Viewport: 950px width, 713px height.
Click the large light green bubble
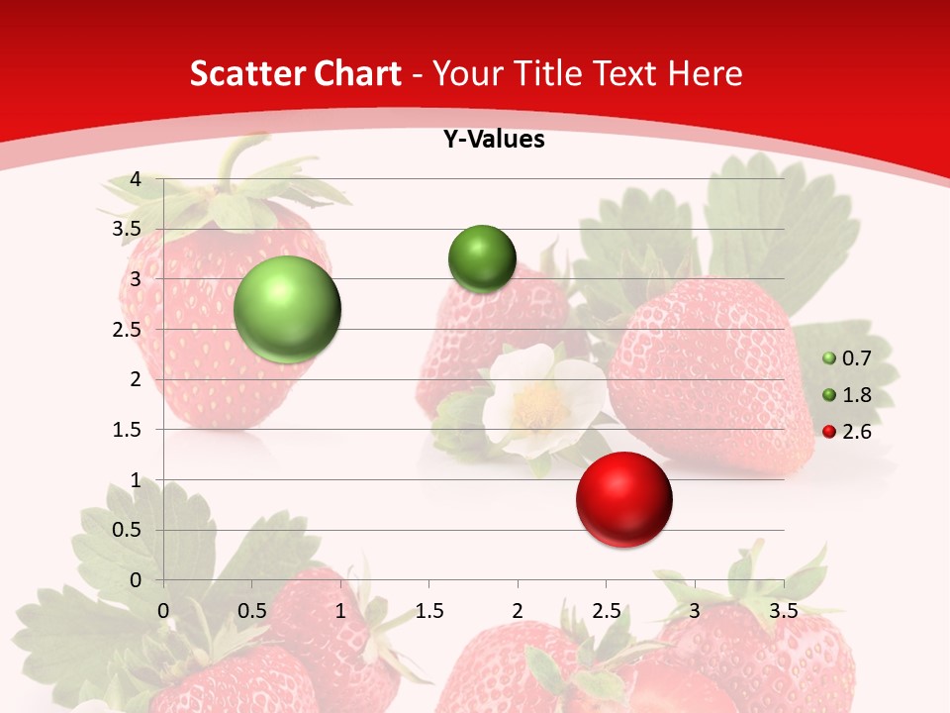coord(287,309)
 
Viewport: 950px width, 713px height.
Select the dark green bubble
coord(482,258)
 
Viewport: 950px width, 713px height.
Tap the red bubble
coord(623,499)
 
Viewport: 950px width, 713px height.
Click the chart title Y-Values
coord(493,140)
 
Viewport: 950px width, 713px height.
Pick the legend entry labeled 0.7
coord(847,358)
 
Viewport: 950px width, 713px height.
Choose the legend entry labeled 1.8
coord(847,395)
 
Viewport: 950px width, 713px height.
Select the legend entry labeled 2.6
coord(847,431)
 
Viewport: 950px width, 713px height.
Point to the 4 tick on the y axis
coord(136,179)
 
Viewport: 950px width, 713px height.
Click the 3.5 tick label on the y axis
coord(128,230)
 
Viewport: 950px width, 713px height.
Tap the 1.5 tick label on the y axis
coord(128,430)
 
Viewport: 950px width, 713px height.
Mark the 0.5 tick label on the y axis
coord(128,530)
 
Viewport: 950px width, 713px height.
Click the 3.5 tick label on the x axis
coord(783,610)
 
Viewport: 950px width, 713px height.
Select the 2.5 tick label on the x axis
coord(606,610)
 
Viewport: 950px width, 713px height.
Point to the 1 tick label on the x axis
coord(340,610)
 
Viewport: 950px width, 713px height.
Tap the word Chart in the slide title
coord(357,73)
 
